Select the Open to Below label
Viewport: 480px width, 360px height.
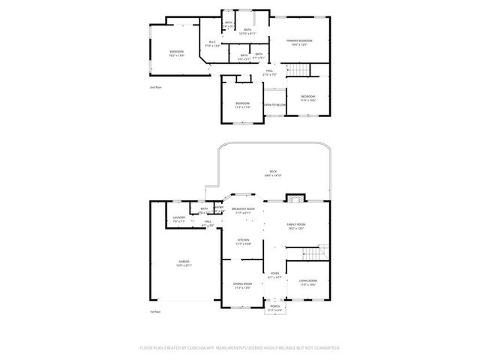tap(274, 105)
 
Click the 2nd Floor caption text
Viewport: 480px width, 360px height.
tap(155, 88)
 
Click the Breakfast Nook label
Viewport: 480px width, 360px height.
tap(243, 210)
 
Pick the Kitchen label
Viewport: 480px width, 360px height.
tap(243, 242)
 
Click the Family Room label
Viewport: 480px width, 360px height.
tap(295, 226)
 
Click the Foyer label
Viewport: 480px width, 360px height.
tap(274, 274)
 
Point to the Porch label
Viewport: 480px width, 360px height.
tap(274, 308)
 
